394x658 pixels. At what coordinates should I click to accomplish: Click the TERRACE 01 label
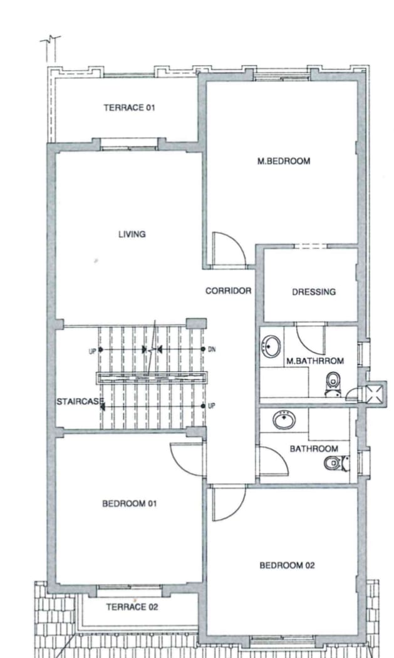pyautogui.click(x=130, y=108)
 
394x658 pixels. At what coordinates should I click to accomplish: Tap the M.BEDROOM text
pyautogui.click(x=284, y=161)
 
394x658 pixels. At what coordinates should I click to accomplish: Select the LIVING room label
pyautogui.click(x=132, y=234)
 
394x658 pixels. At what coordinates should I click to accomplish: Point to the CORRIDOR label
pyautogui.click(x=228, y=291)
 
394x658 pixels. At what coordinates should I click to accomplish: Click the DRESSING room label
pyautogui.click(x=314, y=292)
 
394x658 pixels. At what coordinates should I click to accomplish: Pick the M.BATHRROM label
pyautogui.click(x=315, y=361)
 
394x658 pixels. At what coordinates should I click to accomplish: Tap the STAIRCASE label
pyautogui.click(x=80, y=401)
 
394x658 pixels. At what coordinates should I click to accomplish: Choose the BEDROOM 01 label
pyautogui.click(x=130, y=503)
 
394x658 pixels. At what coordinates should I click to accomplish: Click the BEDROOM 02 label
pyautogui.click(x=287, y=565)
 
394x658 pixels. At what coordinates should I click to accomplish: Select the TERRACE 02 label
pyautogui.click(x=132, y=607)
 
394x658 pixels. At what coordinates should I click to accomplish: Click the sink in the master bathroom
pyautogui.click(x=271, y=347)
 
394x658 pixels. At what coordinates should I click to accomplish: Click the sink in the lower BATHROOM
pyautogui.click(x=284, y=420)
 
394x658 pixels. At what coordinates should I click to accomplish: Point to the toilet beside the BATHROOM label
pyautogui.click(x=336, y=463)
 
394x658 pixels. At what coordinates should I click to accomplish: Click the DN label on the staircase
pyautogui.click(x=212, y=349)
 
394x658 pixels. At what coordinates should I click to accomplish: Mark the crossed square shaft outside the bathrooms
pyautogui.click(x=374, y=394)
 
